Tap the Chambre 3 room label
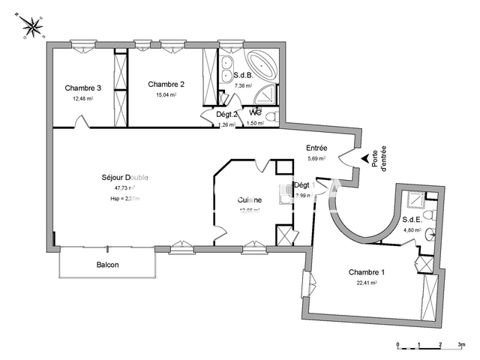82,88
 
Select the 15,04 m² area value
165,94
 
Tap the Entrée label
316,148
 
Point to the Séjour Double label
125,178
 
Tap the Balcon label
107,265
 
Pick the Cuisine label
249,199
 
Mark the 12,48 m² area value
82,98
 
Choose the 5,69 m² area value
316,159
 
